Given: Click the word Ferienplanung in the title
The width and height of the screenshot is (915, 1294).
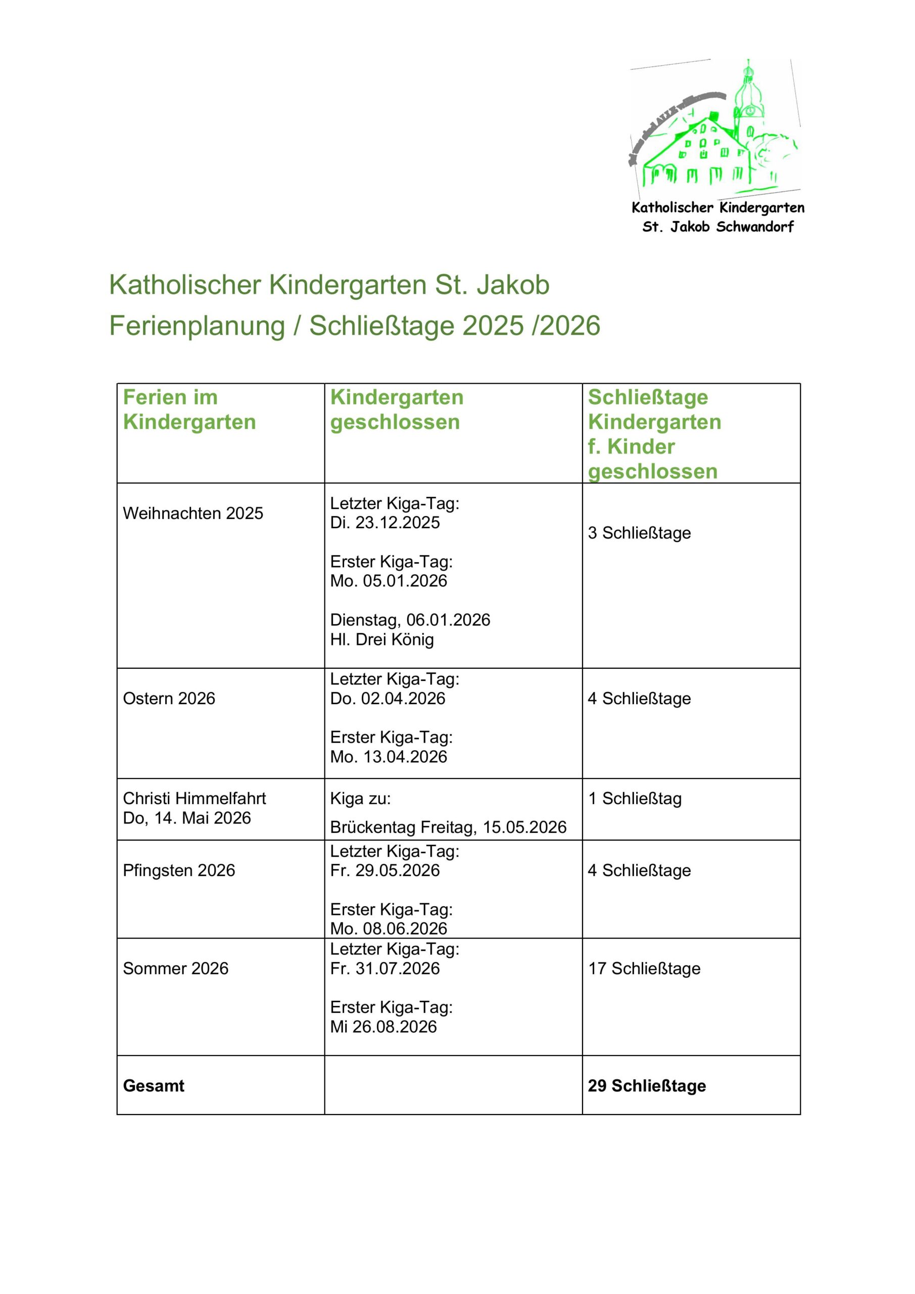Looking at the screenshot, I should click(x=197, y=325).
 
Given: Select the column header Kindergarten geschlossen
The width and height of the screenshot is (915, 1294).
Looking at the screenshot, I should click(x=396, y=410).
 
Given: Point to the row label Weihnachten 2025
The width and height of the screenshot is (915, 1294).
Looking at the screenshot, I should click(x=192, y=513).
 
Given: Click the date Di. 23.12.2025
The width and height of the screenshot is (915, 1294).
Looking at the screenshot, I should click(x=385, y=523).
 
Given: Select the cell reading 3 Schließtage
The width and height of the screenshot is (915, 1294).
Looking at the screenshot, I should click(x=639, y=533).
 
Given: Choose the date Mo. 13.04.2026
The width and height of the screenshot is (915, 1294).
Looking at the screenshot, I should click(x=388, y=756).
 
